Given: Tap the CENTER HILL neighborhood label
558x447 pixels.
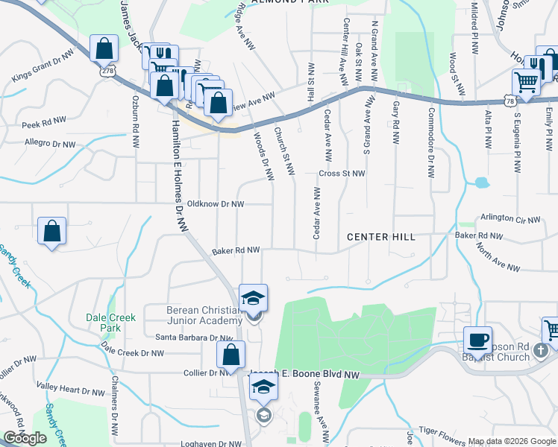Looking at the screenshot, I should click(380, 237).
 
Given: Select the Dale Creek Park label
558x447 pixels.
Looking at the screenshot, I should click(111, 323).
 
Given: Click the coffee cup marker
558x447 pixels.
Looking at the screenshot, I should click(477, 340).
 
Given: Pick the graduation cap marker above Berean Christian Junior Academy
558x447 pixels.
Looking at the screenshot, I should click(253, 299).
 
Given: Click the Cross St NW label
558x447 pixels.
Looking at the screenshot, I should click(342, 174).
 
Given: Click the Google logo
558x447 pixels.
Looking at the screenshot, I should click(25, 438).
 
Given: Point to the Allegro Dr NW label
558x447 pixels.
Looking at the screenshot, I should click(50, 143).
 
